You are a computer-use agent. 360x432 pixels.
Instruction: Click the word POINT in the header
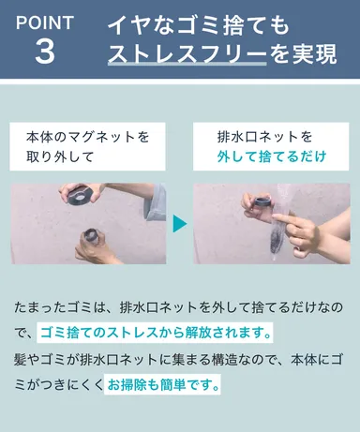(44, 21)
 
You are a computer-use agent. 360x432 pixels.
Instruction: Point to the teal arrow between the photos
(179, 225)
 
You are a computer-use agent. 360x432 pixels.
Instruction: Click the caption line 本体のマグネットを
(87, 137)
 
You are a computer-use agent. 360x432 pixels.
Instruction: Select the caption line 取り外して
(57, 157)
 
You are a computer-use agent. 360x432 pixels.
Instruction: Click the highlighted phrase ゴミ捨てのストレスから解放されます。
(156, 332)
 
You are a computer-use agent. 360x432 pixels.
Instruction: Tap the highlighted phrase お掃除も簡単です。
(164, 384)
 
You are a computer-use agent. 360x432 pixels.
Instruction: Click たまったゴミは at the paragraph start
(60, 306)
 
